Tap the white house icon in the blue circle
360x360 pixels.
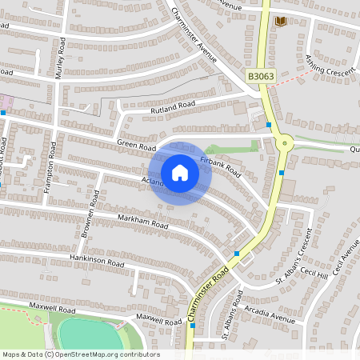click(180, 173)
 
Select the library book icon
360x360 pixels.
click(280, 22)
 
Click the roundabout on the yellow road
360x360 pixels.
click(285, 144)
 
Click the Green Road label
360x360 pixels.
click(136, 146)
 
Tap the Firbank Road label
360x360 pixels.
click(221, 166)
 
